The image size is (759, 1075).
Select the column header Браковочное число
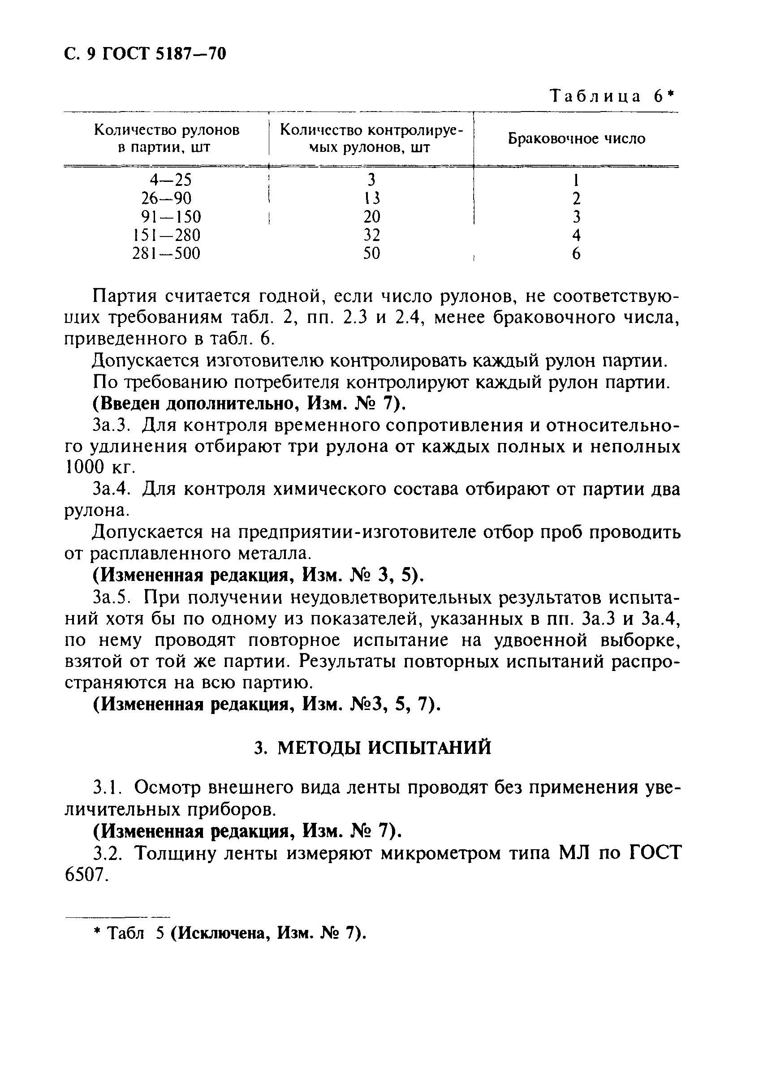tap(576, 138)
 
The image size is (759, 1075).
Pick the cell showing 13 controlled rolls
tap(372, 198)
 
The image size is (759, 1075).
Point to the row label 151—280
tap(167, 235)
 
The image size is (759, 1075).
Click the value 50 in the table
tap(372, 254)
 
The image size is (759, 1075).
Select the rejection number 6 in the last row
tap(576, 254)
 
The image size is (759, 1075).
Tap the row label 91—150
tap(171, 217)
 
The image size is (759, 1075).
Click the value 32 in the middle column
tap(372, 235)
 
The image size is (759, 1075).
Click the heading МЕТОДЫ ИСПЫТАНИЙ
tap(384, 748)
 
